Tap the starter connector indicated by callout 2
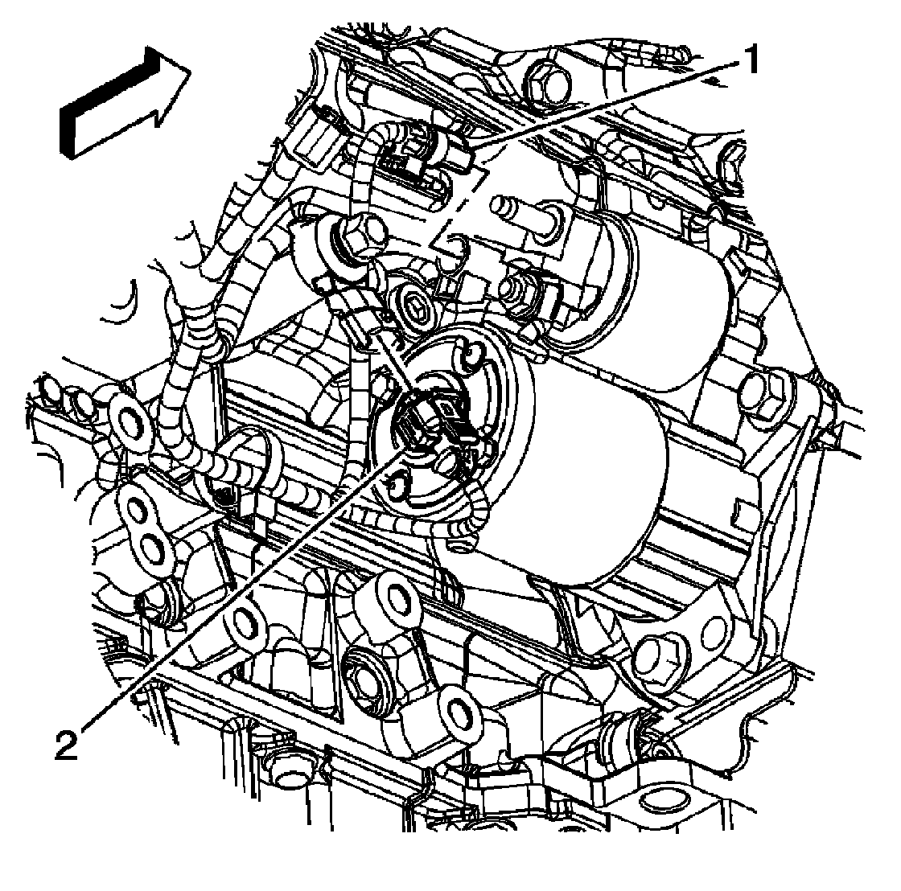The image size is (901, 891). pos(437,422)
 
